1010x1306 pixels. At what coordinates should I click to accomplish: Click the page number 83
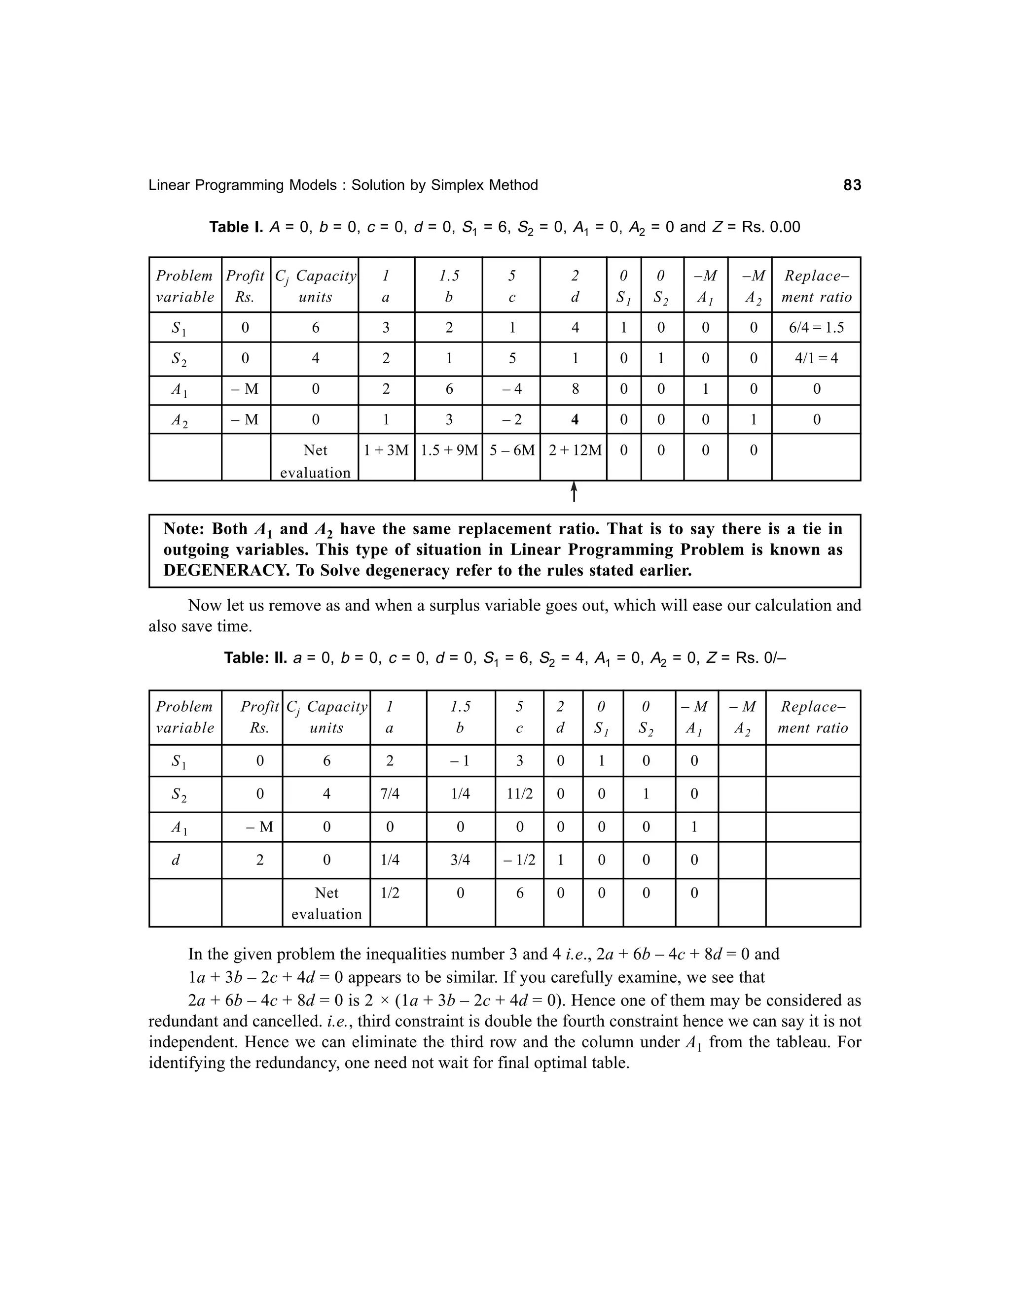coord(852,185)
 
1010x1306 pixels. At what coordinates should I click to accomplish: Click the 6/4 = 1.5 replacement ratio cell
coord(816,328)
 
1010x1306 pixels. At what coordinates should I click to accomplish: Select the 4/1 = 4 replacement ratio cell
coord(816,359)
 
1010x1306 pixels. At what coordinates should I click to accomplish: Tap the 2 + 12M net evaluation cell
coord(575,450)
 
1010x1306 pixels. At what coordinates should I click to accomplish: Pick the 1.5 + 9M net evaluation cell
coord(449,450)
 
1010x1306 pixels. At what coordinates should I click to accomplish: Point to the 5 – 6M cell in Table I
coord(511,450)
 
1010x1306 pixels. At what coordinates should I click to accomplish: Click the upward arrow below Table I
coord(574,491)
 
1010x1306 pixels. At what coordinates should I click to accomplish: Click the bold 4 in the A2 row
coord(575,420)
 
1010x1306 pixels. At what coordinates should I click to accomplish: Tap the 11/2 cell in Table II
coord(519,794)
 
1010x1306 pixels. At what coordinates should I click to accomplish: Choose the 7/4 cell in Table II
coord(390,794)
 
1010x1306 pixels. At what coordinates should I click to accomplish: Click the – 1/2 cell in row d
coord(519,860)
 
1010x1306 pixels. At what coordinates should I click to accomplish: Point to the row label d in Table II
coord(176,860)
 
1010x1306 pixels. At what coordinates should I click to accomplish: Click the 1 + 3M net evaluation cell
coord(386,450)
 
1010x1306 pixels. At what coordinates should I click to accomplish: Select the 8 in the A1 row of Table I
coord(575,389)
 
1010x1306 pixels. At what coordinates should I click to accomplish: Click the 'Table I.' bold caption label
coord(236,227)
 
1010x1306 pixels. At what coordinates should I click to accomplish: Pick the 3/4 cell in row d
coord(460,860)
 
